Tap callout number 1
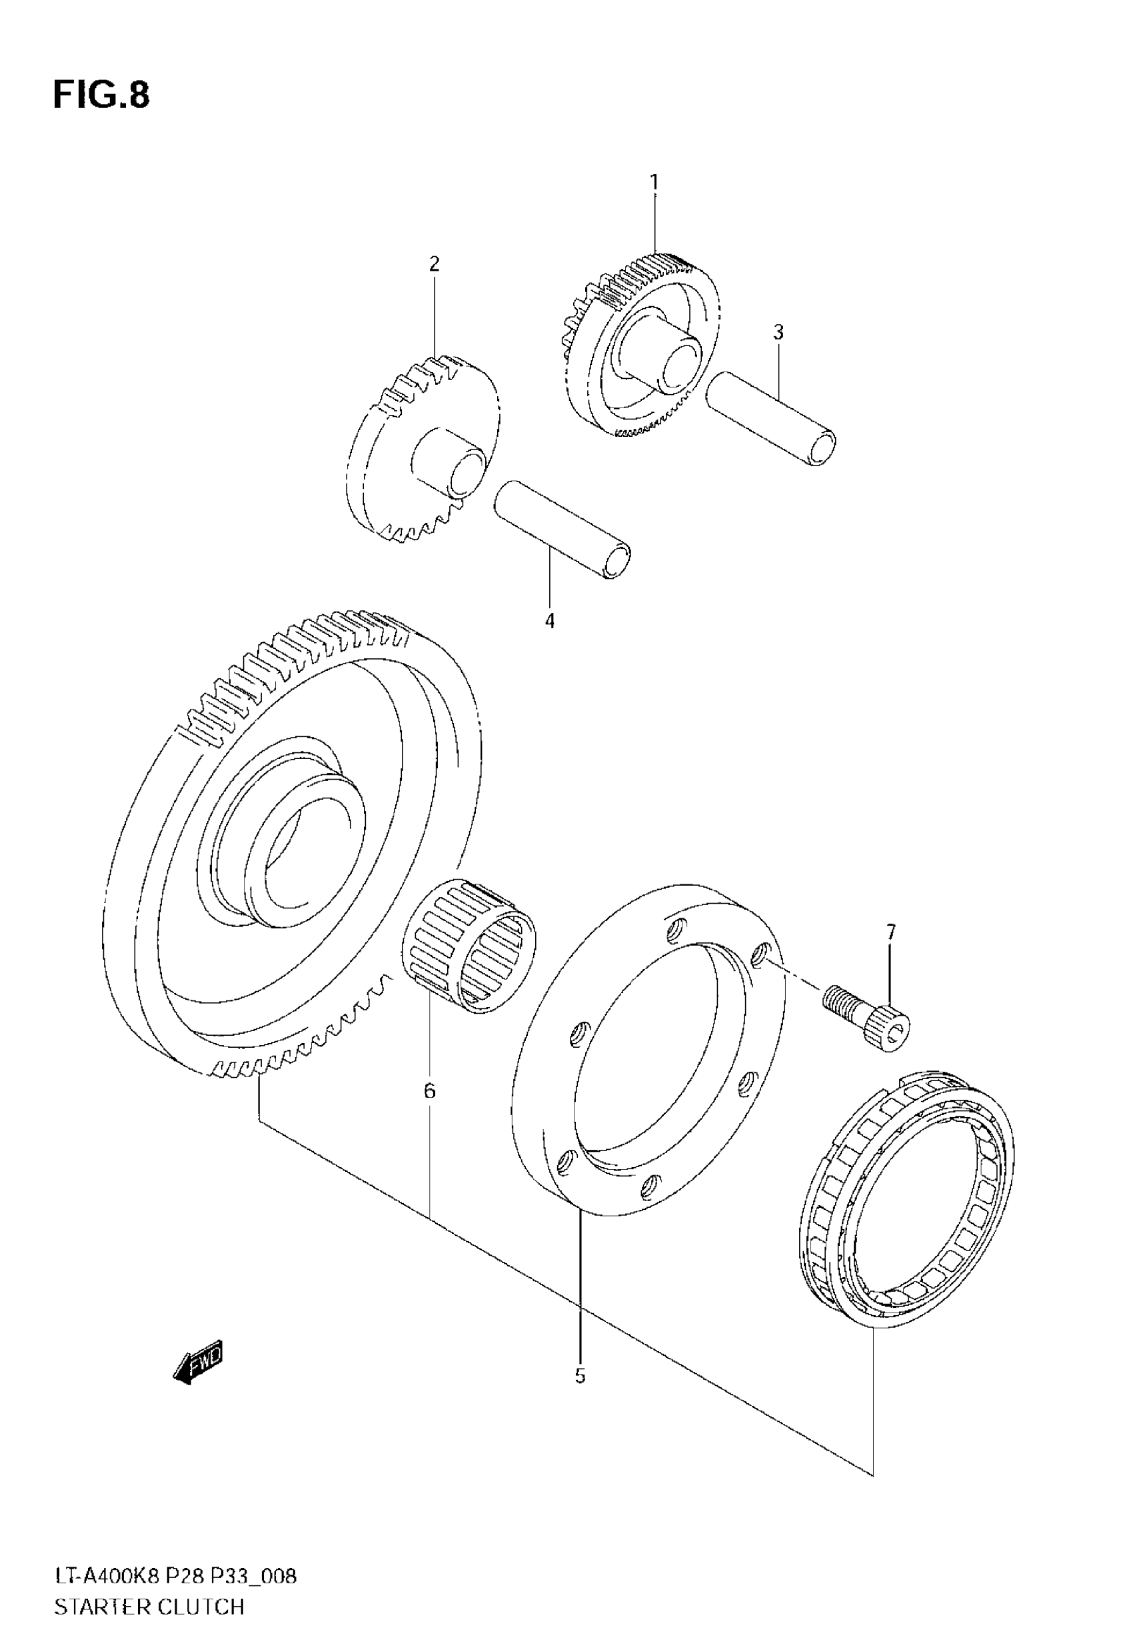pyautogui.click(x=654, y=183)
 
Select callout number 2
pyautogui.click(x=435, y=264)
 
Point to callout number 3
pyautogui.click(x=778, y=332)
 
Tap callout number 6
pyautogui.click(x=429, y=1091)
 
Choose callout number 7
pyautogui.click(x=891, y=932)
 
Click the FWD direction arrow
pyautogui.click(x=198, y=1363)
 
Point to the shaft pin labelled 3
pyautogui.click(x=771, y=419)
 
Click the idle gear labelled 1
pyautogui.click(x=639, y=348)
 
